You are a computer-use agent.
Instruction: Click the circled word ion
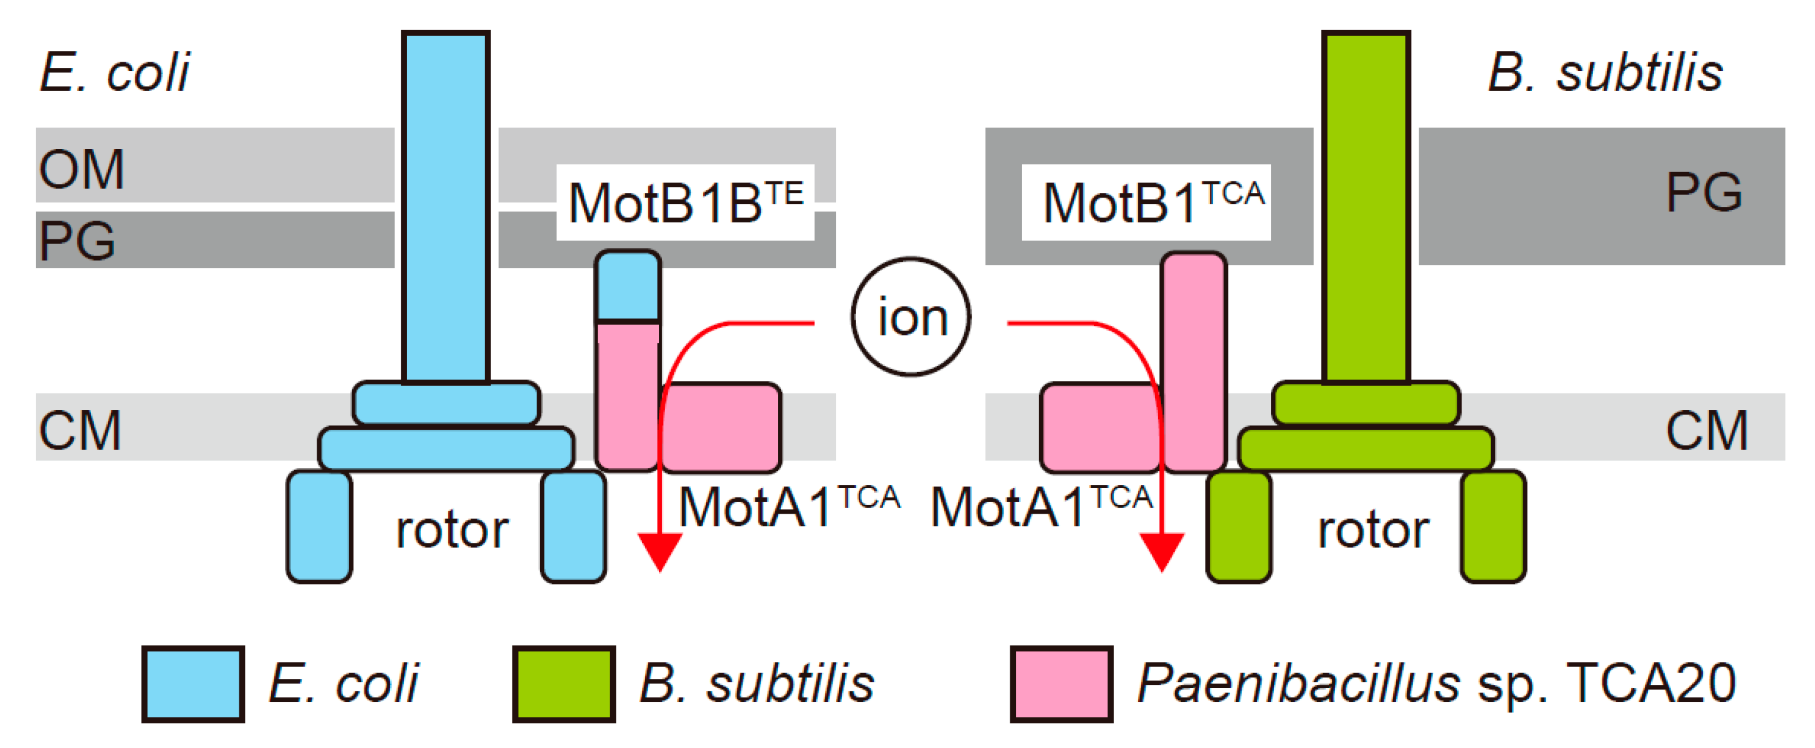tap(911, 317)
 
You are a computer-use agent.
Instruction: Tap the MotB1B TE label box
tap(685, 202)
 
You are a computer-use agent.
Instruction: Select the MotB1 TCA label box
tap(1146, 202)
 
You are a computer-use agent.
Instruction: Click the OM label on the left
tap(82, 169)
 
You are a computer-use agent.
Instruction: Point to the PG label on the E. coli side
tap(77, 241)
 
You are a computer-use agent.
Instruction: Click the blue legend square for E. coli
tap(193, 683)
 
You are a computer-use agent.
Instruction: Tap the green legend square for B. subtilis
tap(563, 683)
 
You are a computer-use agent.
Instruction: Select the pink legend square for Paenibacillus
tap(1061, 683)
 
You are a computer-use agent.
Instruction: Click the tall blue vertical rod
tap(445, 204)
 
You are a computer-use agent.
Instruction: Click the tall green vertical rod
tap(1366, 204)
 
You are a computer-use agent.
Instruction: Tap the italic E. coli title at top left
tap(115, 72)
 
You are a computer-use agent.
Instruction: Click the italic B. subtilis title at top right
tap(1604, 72)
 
